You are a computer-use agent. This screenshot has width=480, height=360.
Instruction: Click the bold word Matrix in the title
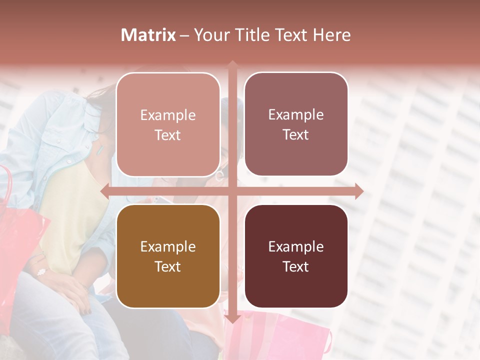pyautogui.click(x=148, y=35)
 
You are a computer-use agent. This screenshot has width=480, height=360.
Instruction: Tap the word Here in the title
pyautogui.click(x=331, y=35)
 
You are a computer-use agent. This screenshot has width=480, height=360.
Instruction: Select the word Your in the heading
pyautogui.click(x=211, y=35)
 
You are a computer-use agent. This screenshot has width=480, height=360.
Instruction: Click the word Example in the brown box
pyautogui.click(x=168, y=246)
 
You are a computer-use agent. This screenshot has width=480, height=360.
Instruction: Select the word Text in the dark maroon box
pyautogui.click(x=296, y=266)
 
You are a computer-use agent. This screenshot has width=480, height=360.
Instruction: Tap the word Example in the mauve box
pyautogui.click(x=296, y=114)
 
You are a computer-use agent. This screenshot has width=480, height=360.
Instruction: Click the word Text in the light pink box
pyautogui.click(x=168, y=135)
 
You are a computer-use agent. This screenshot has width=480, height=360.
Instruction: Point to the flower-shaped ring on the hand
pyautogui.click(x=41, y=272)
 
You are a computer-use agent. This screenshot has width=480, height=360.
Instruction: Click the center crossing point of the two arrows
pyautogui.click(x=232, y=191)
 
